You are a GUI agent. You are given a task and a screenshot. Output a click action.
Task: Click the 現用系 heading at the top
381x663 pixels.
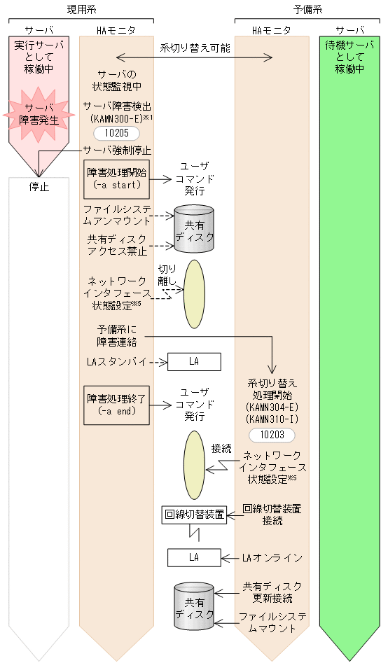pyautogui.click(x=76, y=9)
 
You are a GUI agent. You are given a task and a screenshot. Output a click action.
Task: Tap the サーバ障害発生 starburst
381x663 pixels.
pyautogui.click(x=39, y=113)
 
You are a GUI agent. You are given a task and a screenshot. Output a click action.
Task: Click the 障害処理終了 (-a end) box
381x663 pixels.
pyautogui.click(x=117, y=405)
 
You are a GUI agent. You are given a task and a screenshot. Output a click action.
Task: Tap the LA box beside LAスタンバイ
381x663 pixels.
pyautogui.click(x=194, y=361)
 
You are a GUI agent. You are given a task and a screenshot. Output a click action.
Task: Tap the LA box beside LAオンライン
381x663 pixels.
pyautogui.click(x=194, y=557)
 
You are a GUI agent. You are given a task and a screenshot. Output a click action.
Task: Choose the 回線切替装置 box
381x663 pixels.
pyautogui.click(x=194, y=515)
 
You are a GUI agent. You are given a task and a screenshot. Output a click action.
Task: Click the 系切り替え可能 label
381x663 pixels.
pyautogui.click(x=194, y=48)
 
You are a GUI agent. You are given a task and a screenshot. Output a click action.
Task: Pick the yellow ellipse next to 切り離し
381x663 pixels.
pyautogui.click(x=194, y=294)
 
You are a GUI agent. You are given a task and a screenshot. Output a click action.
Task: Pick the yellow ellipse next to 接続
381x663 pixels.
pyautogui.click(x=194, y=465)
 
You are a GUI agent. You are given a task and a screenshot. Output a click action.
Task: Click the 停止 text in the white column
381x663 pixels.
pyautogui.click(x=39, y=188)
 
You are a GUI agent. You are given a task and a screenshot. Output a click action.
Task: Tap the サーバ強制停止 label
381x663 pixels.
pyautogui.click(x=117, y=150)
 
